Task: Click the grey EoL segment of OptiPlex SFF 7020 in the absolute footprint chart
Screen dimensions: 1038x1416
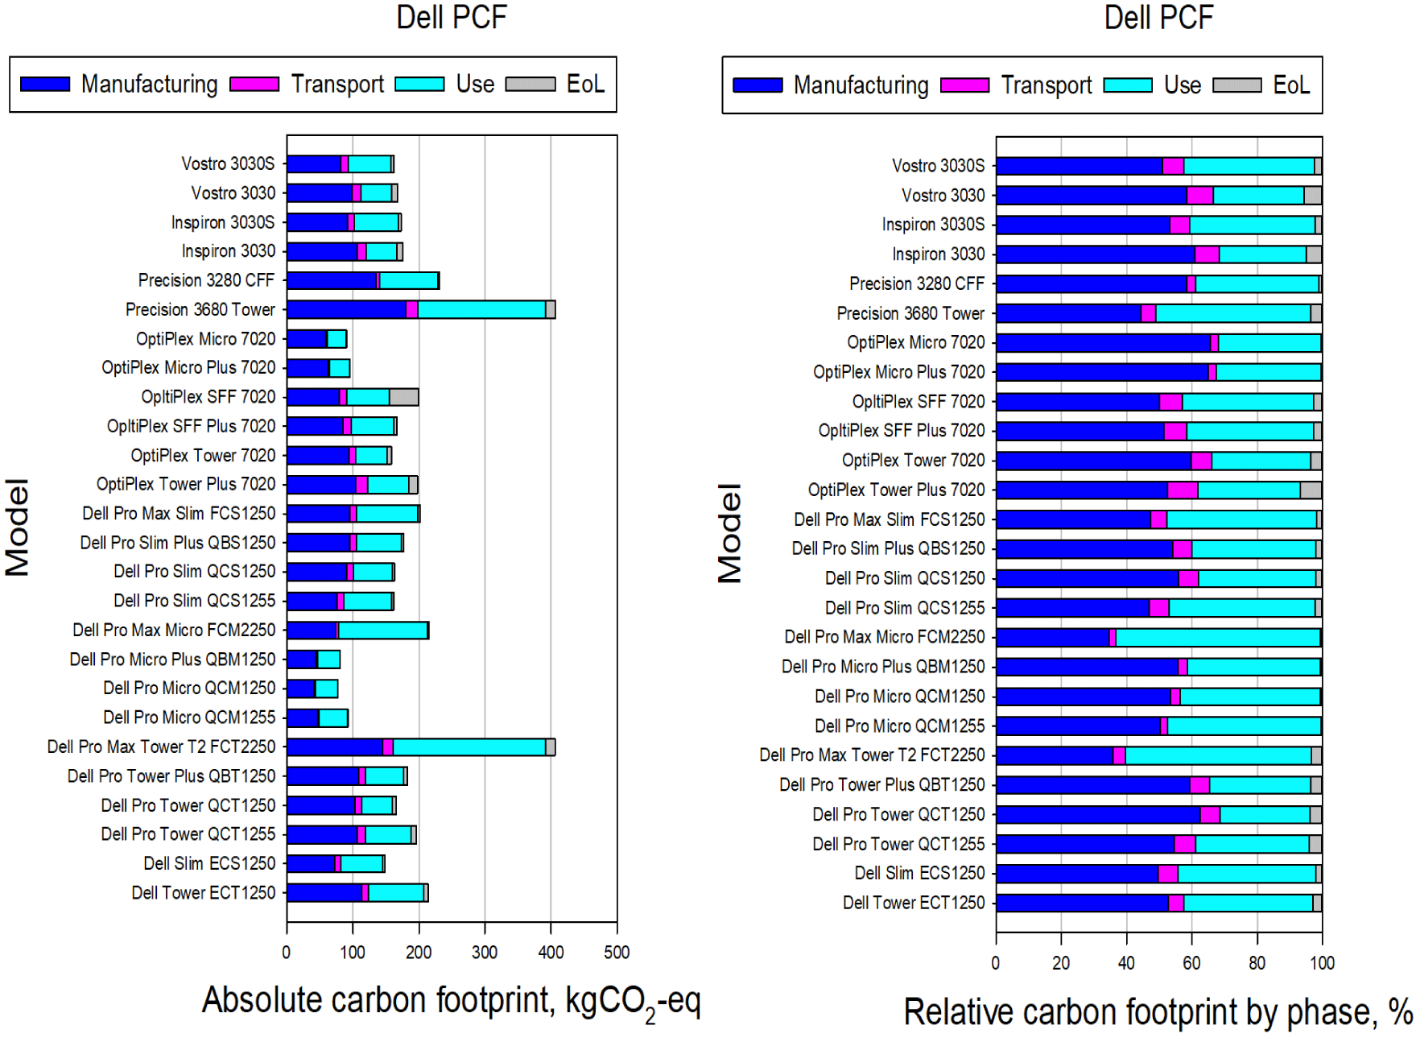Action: click(x=404, y=397)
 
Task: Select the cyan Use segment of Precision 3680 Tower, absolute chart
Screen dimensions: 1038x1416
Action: click(x=481, y=310)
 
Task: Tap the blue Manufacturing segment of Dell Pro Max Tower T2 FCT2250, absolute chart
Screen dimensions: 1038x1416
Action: click(x=335, y=747)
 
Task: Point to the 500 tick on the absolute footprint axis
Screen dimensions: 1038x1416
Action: click(x=617, y=953)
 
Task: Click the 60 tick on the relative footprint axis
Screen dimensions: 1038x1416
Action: click(x=1191, y=963)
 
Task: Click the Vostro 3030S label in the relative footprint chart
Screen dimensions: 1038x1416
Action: click(x=938, y=166)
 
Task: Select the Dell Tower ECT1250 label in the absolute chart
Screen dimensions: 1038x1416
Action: click(x=204, y=893)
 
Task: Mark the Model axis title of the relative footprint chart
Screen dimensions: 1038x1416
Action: click(x=730, y=533)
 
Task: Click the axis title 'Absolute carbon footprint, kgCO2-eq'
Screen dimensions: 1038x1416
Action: click(x=451, y=1001)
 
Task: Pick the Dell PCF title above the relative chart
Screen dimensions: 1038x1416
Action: click(x=1158, y=18)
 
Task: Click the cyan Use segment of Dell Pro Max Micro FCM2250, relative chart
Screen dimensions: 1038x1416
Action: click(x=1217, y=638)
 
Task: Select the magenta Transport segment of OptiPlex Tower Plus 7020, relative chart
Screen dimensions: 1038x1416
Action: click(x=1183, y=490)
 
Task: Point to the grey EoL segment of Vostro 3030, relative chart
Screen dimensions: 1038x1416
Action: click(x=1312, y=196)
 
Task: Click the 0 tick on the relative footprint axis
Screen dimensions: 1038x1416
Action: click(x=996, y=963)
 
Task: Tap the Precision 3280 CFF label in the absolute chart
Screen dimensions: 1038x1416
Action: click(x=206, y=280)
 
